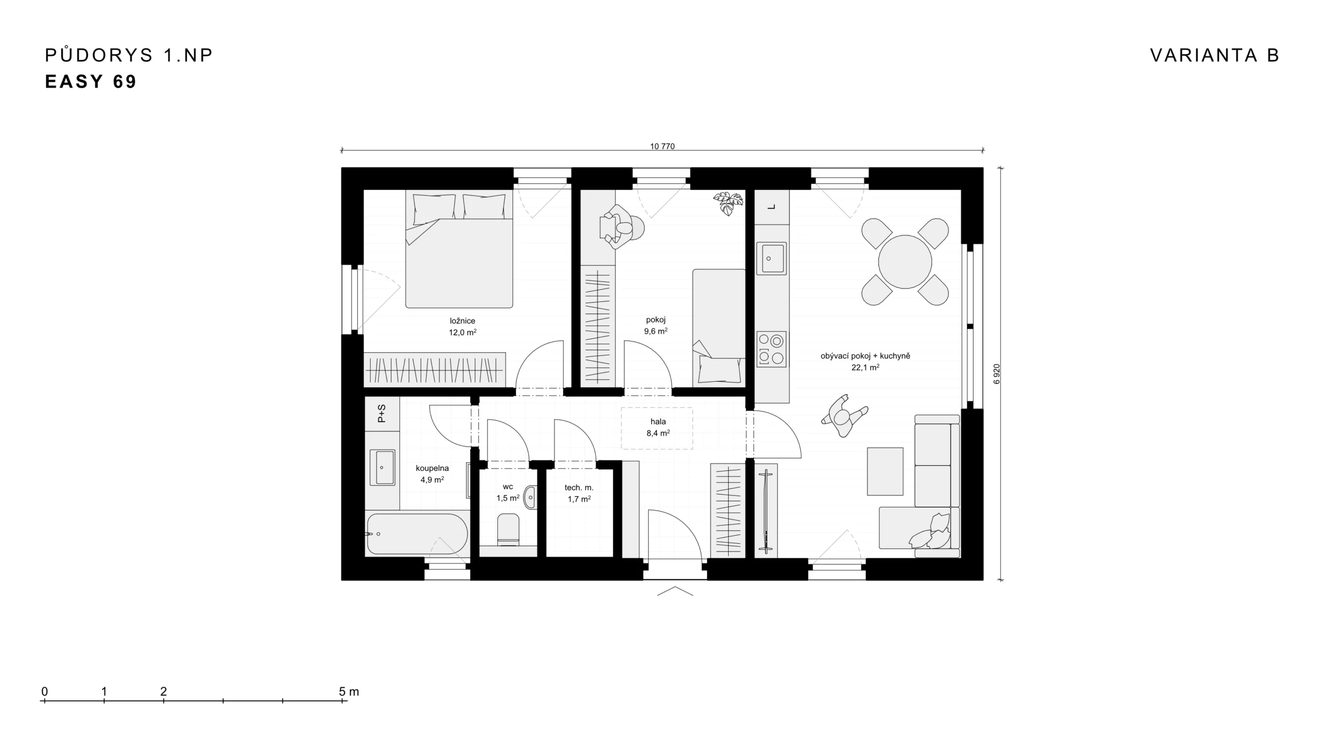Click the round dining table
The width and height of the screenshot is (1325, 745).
[905, 262]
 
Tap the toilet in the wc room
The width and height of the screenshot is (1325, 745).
[508, 529]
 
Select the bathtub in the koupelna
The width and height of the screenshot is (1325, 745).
[417, 533]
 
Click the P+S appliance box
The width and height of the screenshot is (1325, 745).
[382, 413]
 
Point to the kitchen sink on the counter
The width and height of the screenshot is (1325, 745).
[771, 259]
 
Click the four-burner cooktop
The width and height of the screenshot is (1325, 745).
[771, 349]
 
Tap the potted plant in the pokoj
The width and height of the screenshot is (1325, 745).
[728, 203]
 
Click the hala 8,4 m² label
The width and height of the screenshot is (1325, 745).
[658, 427]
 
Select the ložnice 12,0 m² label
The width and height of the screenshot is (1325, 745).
[462, 326]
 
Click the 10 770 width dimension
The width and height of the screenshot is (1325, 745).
[662, 146]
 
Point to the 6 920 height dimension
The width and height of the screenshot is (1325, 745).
[997, 374]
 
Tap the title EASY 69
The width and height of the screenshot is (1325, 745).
[91, 82]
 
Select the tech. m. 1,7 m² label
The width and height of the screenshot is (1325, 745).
[579, 493]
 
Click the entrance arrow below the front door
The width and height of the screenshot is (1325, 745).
[675, 591]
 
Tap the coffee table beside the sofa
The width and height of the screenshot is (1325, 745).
[885, 471]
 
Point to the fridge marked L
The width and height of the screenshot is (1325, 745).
[772, 207]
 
